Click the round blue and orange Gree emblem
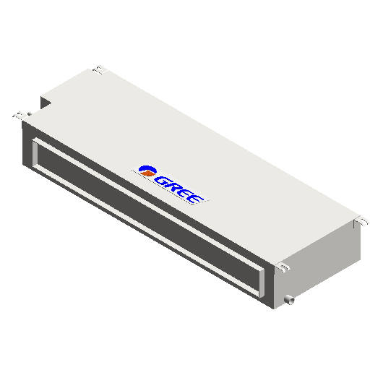(147, 171)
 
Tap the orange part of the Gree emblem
(147, 173)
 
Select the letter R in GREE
(174, 187)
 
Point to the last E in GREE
(196, 198)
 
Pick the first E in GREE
(185, 193)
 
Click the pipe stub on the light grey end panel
(289, 300)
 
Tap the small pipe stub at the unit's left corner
(30, 113)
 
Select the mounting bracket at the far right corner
(361, 222)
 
